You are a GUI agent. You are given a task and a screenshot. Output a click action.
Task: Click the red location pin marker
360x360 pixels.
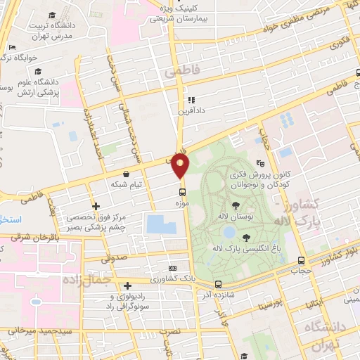(x=181, y=166)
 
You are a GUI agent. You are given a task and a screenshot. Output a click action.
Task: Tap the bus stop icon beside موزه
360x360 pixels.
(x=183, y=191)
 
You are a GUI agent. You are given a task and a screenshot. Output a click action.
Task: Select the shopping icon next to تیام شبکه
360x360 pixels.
(x=126, y=174)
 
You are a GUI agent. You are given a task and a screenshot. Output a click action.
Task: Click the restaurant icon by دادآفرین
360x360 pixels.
(x=191, y=100)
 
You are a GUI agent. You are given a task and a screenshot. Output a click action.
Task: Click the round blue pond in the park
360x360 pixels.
(x=229, y=231)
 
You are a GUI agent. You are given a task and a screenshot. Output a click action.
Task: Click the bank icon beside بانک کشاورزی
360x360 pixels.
(x=173, y=269)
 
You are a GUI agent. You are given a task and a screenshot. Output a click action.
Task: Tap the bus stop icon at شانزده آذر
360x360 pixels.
(x=217, y=285)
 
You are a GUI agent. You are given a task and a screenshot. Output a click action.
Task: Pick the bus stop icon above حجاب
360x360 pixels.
(x=302, y=260)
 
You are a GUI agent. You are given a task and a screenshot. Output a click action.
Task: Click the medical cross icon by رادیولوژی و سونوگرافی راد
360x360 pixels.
(x=127, y=285)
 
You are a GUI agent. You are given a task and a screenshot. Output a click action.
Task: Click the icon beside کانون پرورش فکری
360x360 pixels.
(x=260, y=163)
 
